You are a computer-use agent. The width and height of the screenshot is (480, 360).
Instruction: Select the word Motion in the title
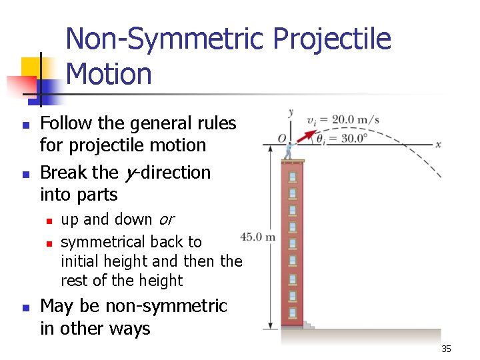click(109, 73)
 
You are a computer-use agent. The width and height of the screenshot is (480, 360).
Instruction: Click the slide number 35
click(446, 349)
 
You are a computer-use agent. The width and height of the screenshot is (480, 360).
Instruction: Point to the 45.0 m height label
click(257, 236)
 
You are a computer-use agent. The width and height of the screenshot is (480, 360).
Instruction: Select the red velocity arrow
click(305, 136)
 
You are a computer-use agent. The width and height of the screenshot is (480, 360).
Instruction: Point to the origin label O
click(283, 139)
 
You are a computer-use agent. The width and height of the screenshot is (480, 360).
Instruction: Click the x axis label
click(438, 144)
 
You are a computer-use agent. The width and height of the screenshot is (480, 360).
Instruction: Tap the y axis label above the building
click(291, 112)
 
